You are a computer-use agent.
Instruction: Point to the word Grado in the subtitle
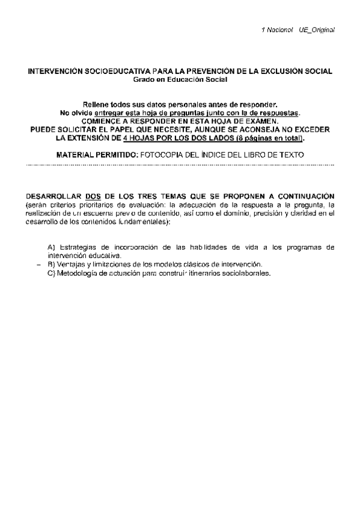pyautogui.click(x=142, y=79)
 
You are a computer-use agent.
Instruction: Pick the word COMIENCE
pyautogui.click(x=101, y=120)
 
